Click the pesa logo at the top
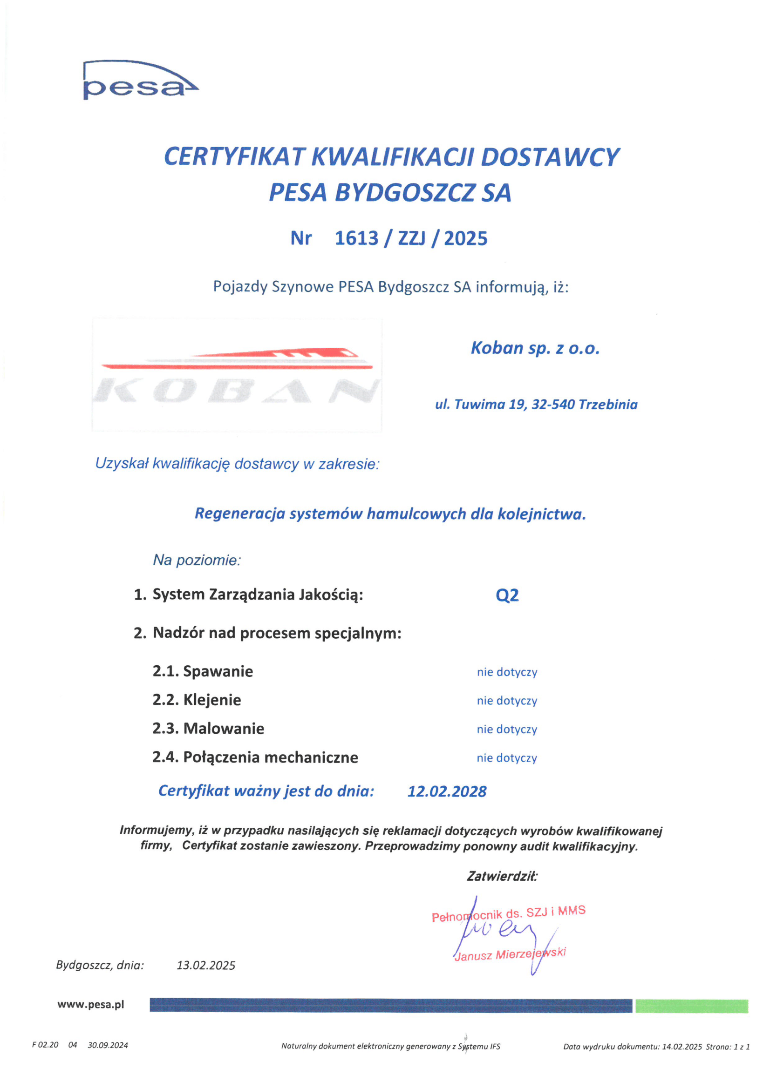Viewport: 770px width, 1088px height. (140, 81)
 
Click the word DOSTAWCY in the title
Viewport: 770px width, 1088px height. (550, 157)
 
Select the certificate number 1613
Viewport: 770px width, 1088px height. (356, 238)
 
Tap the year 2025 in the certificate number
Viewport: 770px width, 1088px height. (466, 238)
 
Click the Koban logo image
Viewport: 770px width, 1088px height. (237, 375)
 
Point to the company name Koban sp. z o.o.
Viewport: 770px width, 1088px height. (535, 348)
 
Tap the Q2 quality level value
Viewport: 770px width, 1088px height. (507, 595)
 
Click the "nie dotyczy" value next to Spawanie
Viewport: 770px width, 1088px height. (507, 672)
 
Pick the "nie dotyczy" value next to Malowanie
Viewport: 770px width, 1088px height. (507, 729)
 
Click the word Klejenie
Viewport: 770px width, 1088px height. (212, 700)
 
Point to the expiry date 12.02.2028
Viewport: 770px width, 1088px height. (447, 791)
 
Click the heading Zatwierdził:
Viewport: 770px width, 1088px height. (502, 876)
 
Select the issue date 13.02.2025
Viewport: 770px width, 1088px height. (206, 965)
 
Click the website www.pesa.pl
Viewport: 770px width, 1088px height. (90, 1004)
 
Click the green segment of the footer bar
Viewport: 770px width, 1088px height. (691, 1006)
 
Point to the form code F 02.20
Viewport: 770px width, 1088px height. (45, 1045)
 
